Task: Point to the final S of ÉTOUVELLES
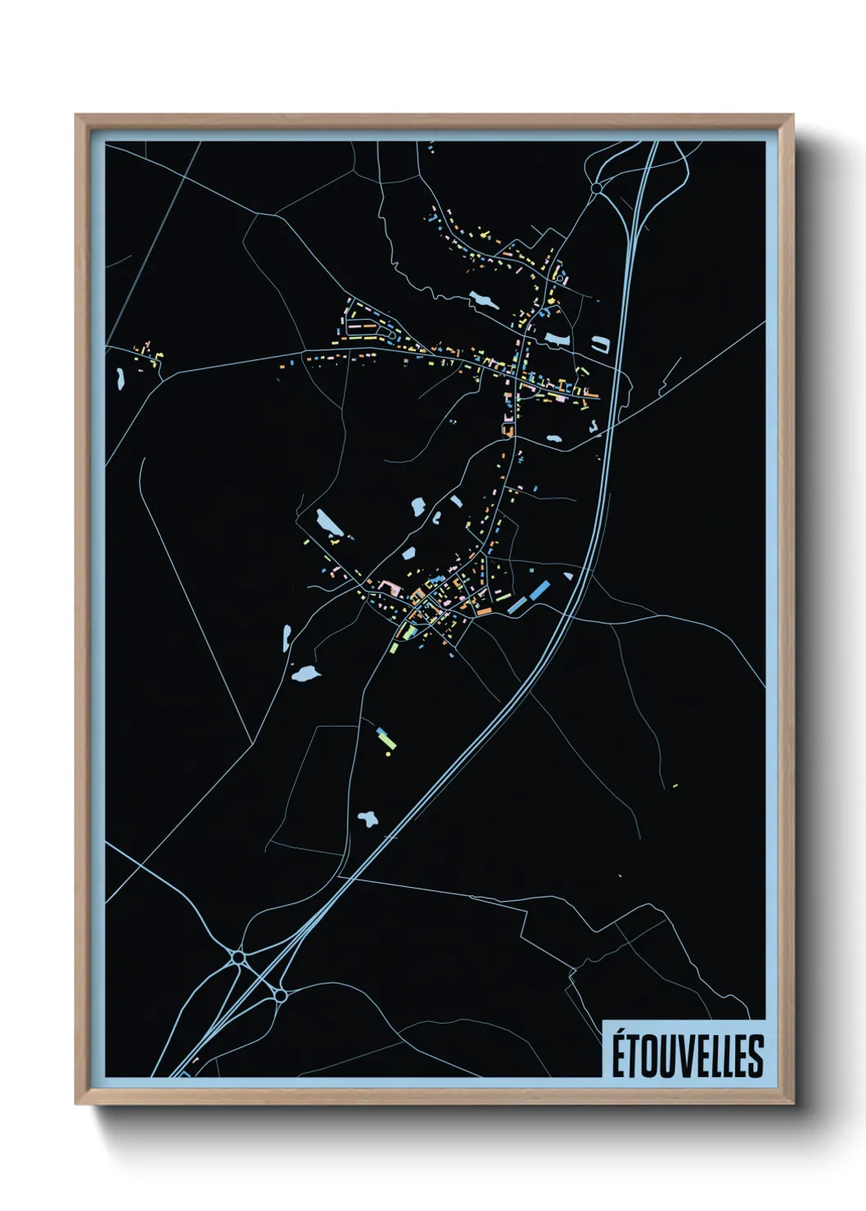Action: click(x=755, y=1056)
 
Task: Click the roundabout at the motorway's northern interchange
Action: click(x=596, y=188)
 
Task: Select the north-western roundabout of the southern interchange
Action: click(x=238, y=956)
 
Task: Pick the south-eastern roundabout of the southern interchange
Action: click(x=280, y=995)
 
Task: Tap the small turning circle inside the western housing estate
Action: click(x=391, y=335)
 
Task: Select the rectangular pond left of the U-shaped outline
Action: click(x=557, y=337)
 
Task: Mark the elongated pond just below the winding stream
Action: click(x=484, y=299)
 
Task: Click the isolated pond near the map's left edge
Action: click(x=120, y=377)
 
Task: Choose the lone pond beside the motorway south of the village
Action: click(x=368, y=818)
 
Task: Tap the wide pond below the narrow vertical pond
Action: click(x=305, y=674)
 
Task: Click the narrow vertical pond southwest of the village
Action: click(x=286, y=637)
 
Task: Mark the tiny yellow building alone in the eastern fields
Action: click(x=675, y=786)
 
